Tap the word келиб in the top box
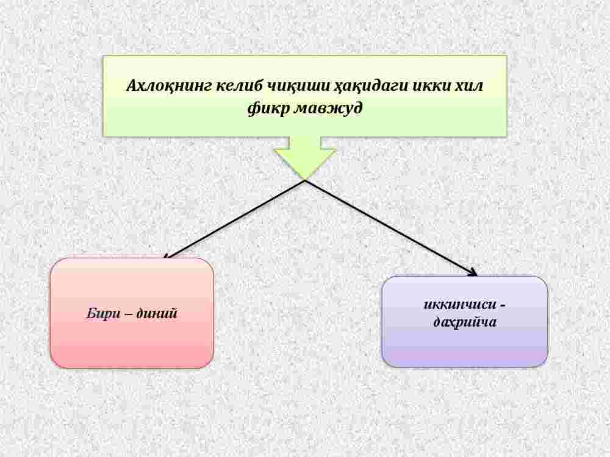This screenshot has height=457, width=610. coord(239,85)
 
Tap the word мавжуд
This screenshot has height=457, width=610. coord(328,108)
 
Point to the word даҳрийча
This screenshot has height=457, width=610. coord(465,322)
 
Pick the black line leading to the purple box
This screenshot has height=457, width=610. coord(392,228)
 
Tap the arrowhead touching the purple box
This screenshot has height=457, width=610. coord(473,273)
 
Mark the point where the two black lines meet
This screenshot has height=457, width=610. coord(306,180)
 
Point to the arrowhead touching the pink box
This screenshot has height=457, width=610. coord(166,256)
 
